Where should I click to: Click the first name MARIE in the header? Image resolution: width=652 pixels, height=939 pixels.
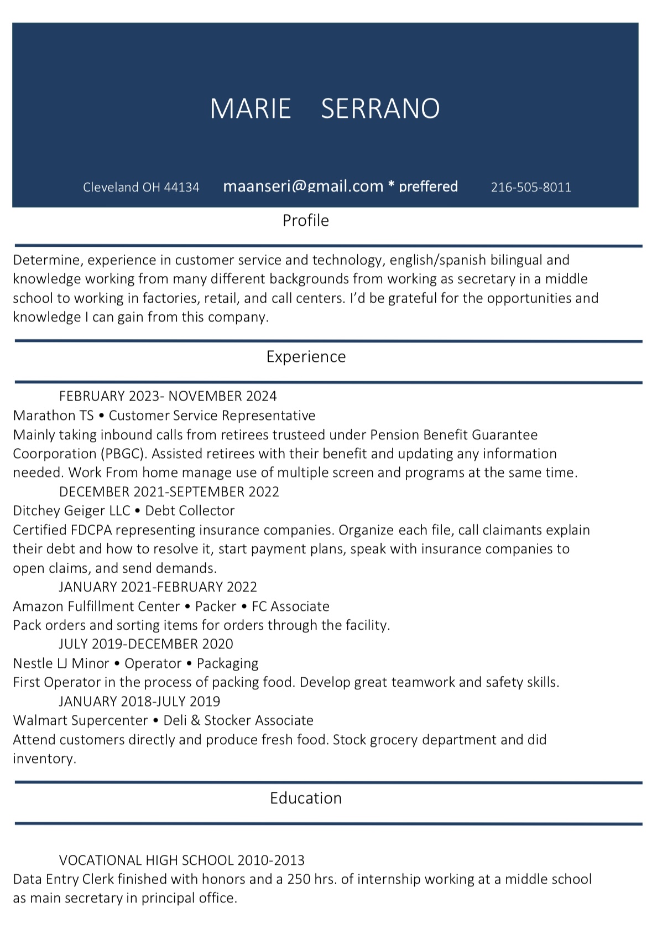(251, 108)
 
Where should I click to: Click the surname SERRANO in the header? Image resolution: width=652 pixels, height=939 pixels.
(380, 108)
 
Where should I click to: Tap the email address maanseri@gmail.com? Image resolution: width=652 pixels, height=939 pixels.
(303, 186)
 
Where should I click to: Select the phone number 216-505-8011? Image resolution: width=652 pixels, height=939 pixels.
(531, 188)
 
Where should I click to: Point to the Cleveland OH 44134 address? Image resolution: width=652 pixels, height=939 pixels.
(141, 188)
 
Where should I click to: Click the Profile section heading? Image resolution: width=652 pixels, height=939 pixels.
(306, 221)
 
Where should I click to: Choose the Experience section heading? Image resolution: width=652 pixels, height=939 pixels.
(306, 357)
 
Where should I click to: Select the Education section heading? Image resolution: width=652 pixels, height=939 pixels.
(306, 798)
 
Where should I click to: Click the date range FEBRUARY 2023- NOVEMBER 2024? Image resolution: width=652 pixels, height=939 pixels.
(168, 396)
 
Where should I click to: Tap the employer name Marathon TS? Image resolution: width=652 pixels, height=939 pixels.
(53, 416)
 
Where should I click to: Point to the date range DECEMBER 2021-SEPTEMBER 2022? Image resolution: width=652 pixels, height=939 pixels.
(169, 492)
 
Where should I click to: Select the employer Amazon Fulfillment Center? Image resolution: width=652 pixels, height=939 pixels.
(96, 606)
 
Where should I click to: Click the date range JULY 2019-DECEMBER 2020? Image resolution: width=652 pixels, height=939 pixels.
(146, 644)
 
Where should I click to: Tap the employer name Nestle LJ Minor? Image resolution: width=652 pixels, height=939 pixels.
(61, 663)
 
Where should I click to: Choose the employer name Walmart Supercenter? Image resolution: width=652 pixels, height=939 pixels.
(80, 720)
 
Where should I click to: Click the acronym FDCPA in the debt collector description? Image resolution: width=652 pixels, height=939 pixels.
(91, 530)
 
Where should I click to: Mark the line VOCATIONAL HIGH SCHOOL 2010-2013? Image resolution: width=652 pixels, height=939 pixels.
(181, 860)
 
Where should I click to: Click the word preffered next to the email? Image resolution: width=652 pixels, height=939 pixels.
(428, 186)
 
